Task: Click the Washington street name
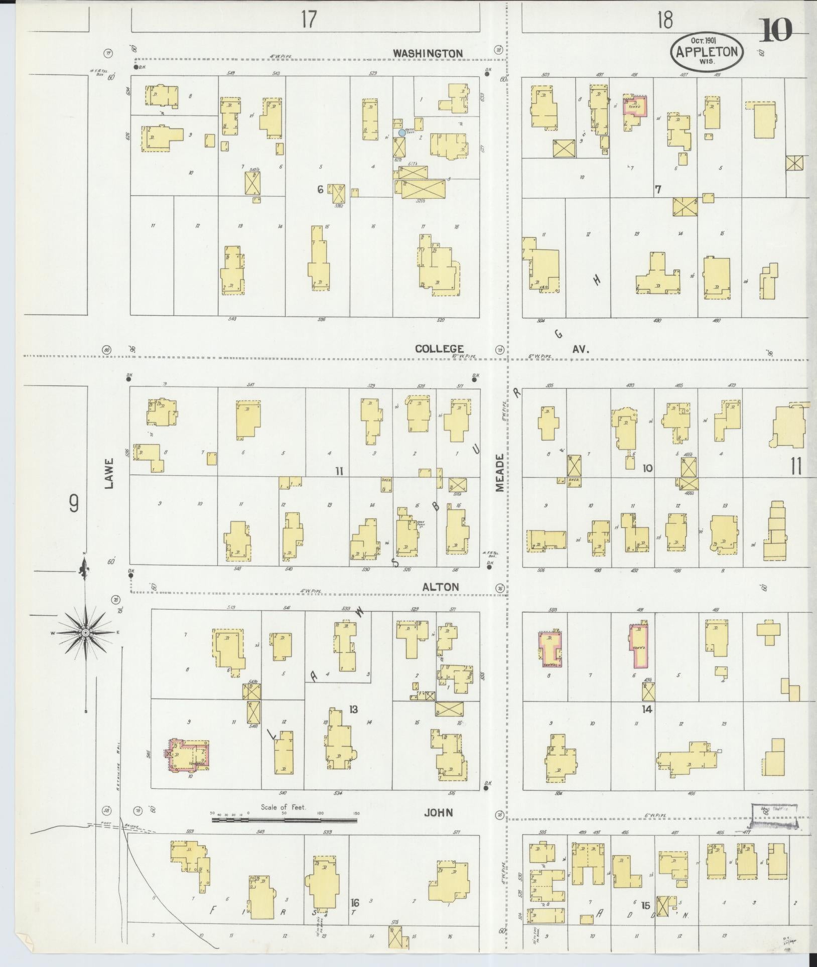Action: [435, 53]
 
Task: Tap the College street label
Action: [440, 348]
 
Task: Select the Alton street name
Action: [440, 587]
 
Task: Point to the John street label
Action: [439, 812]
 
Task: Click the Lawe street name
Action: [110, 477]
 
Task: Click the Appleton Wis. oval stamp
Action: [707, 52]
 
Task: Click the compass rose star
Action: [85, 633]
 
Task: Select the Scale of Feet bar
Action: [284, 821]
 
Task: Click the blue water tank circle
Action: [401, 133]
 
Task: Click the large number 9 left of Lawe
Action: [74, 504]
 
